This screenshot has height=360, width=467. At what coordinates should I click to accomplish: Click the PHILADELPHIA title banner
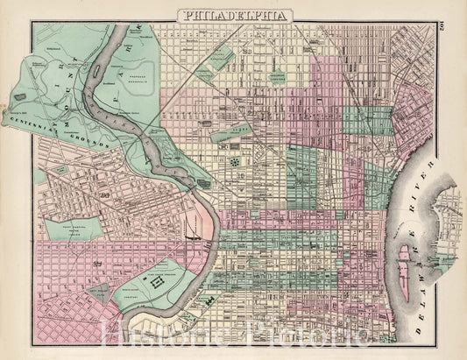click(x=234, y=15)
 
